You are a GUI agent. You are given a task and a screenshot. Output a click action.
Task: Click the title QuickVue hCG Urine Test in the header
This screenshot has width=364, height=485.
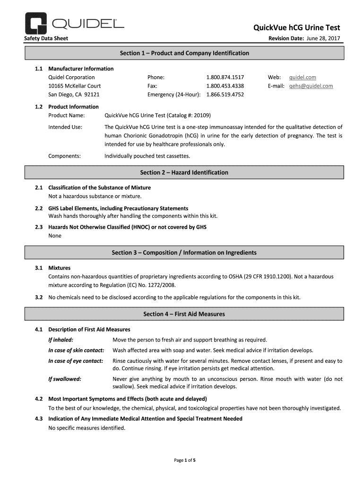coord(297,27)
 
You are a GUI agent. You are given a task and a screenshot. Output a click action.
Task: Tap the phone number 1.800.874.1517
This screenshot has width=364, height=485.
coord(225,77)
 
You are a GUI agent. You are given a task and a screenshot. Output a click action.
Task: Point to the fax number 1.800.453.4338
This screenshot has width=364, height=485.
coord(225,86)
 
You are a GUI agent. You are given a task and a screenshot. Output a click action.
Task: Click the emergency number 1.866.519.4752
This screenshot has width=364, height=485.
coord(225,95)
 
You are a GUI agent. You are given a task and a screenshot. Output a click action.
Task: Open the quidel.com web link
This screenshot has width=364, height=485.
coord(303,77)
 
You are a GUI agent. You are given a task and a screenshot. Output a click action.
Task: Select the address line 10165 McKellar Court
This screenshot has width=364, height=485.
coord(74,86)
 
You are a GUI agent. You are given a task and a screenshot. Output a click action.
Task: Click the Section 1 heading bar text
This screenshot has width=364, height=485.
coord(184,53)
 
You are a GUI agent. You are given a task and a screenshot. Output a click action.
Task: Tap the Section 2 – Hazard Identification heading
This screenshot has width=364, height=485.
coord(184,172)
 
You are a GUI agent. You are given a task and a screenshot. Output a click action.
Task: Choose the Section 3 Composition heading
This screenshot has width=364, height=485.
coord(184,252)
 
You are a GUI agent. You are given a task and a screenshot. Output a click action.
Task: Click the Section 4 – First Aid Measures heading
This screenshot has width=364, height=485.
coord(184,314)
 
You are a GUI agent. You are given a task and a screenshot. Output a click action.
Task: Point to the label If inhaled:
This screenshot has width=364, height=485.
coord(61,340)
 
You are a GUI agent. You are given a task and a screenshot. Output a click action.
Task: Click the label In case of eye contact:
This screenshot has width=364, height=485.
coord(76,361)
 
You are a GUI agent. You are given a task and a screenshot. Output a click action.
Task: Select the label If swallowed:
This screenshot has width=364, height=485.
coord(65,379)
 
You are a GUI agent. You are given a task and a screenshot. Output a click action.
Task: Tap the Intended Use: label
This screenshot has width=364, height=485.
coord(65,127)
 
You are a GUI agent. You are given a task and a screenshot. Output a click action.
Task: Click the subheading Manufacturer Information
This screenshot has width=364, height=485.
coord(81,69)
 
